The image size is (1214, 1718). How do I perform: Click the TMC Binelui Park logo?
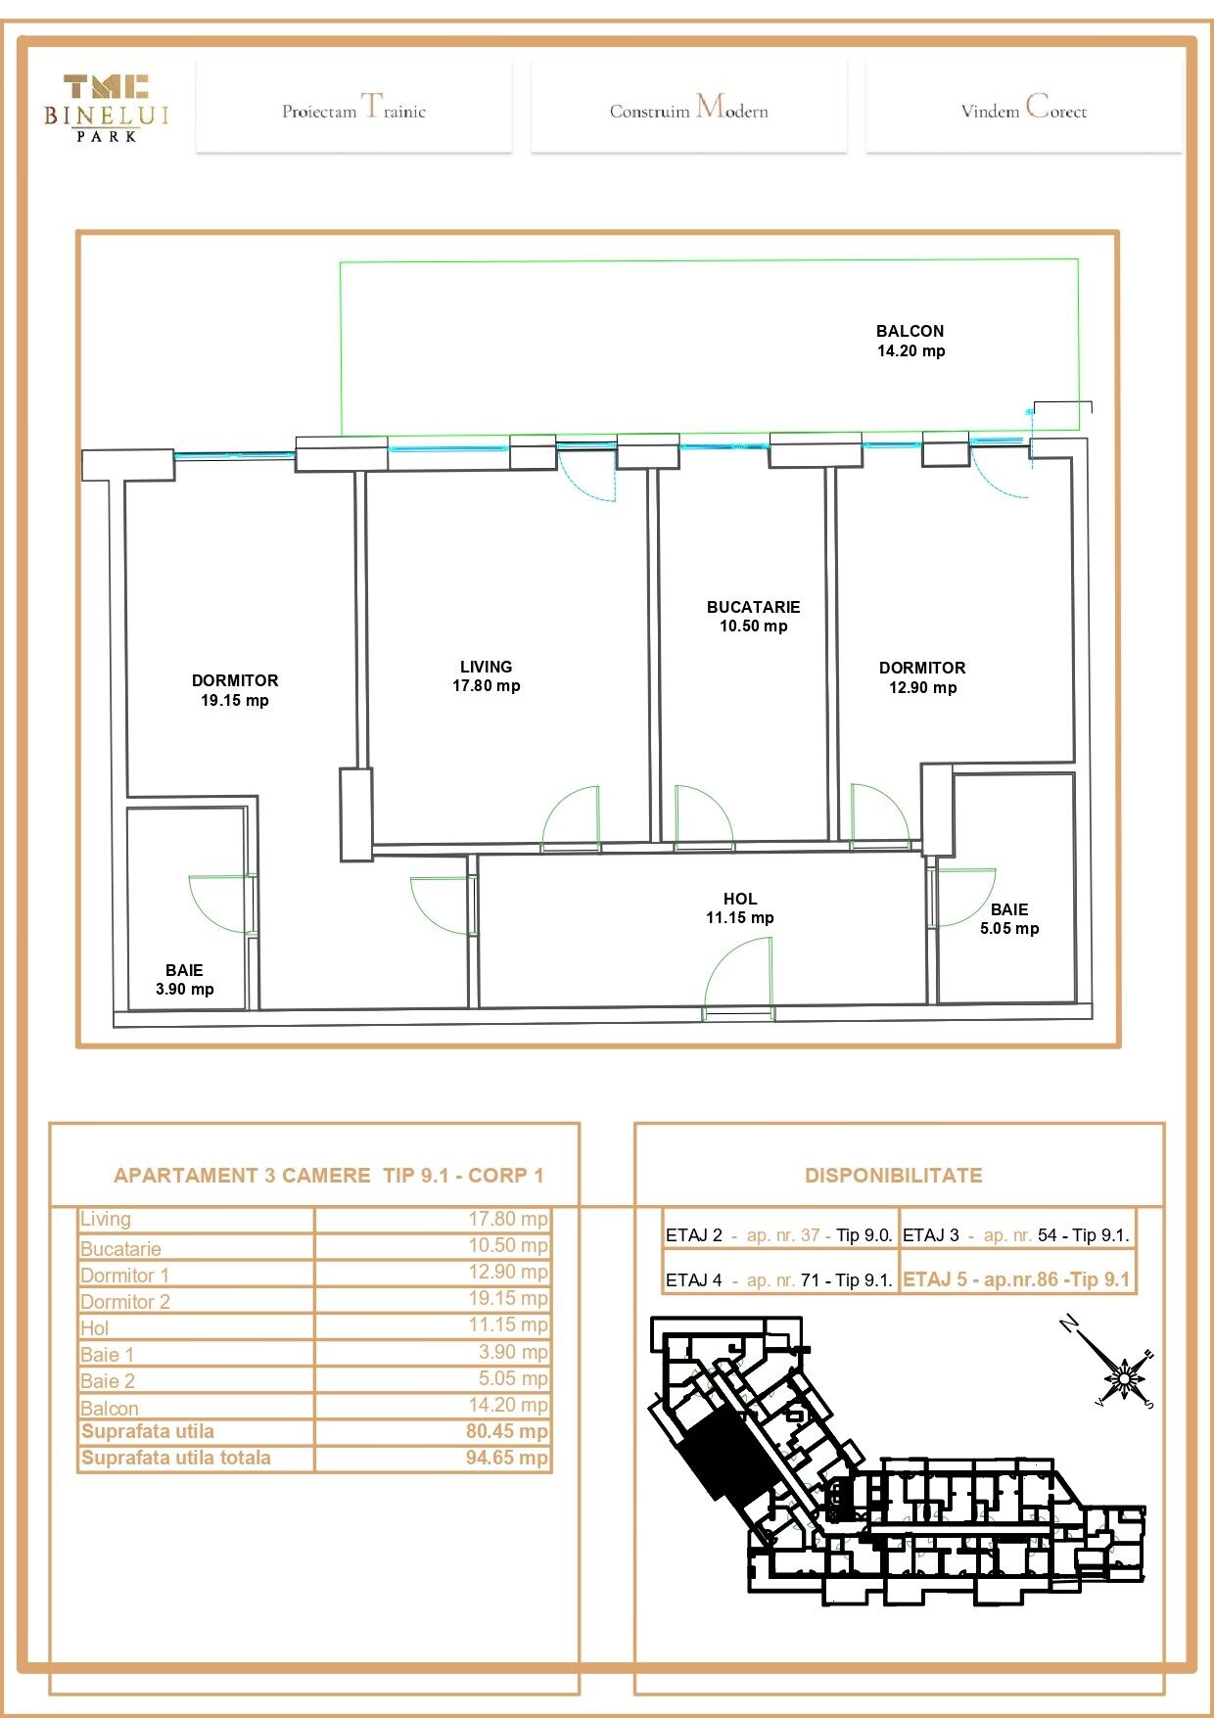click(x=107, y=108)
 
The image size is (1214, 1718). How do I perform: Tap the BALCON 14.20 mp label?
click(x=910, y=341)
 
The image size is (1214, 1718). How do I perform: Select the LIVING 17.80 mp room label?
click(x=487, y=676)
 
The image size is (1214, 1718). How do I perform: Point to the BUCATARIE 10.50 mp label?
click(x=754, y=617)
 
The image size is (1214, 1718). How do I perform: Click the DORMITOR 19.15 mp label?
click(x=235, y=690)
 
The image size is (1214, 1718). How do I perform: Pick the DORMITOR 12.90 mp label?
click(x=922, y=677)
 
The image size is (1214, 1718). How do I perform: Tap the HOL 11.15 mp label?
click(x=740, y=908)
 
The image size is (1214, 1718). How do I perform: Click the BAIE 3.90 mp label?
click(x=185, y=980)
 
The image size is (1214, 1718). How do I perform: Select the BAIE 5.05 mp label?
click(x=1009, y=919)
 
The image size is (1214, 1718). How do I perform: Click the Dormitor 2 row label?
click(x=125, y=1302)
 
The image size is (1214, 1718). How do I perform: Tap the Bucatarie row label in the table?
click(x=120, y=1249)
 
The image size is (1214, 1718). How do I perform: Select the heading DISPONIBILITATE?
click(x=894, y=1176)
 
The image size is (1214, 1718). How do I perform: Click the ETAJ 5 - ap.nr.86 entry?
click(x=1016, y=1279)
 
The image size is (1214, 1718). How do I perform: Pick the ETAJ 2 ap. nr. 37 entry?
click(x=779, y=1235)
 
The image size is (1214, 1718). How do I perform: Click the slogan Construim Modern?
click(x=689, y=108)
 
